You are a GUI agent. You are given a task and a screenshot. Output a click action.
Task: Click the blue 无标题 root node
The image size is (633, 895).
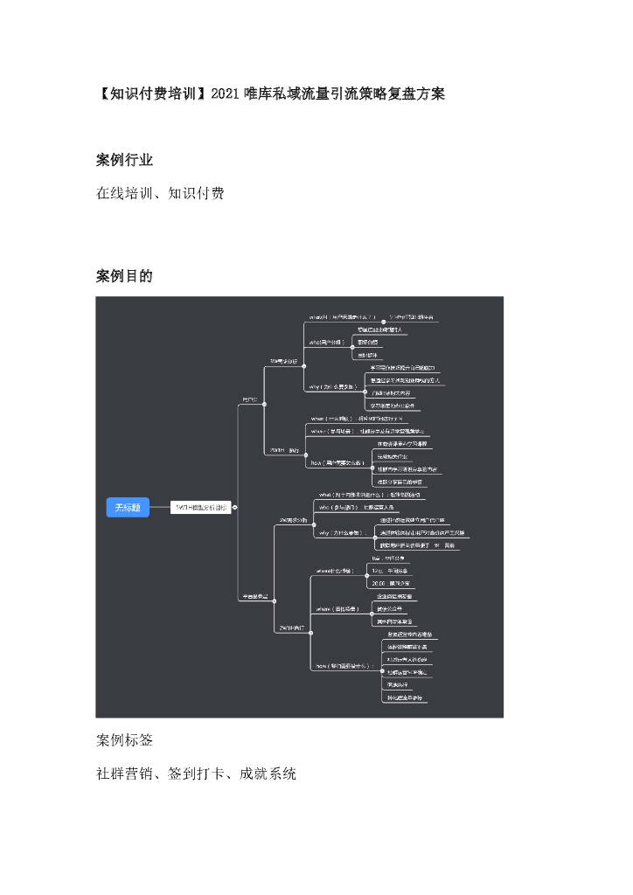(128, 508)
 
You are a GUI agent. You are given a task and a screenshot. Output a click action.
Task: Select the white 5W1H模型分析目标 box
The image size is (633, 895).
(200, 507)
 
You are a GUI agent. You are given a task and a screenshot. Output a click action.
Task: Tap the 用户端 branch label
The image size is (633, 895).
(251, 399)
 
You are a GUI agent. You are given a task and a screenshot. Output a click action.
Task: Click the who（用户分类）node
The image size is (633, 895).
(328, 342)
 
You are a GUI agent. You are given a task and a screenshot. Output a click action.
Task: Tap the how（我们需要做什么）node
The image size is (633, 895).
(343, 665)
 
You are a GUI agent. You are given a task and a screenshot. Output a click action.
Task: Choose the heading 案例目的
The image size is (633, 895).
(124, 276)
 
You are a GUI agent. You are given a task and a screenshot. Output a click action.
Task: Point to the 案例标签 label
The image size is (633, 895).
(124, 740)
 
